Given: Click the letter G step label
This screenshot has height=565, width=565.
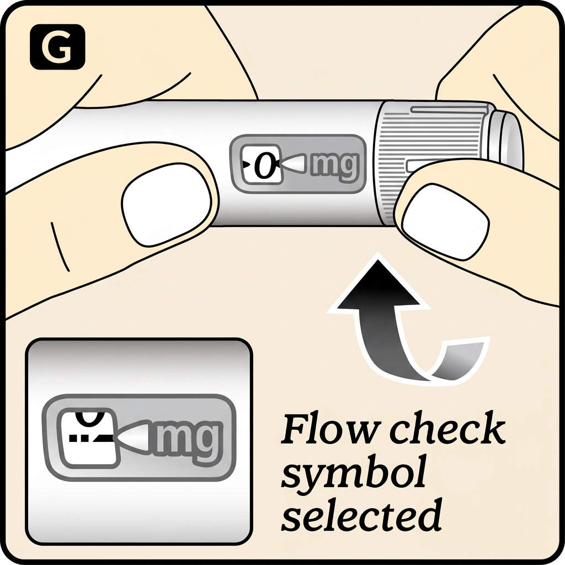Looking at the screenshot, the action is point(57,47).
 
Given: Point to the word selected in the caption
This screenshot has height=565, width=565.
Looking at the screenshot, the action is point(361,514).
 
